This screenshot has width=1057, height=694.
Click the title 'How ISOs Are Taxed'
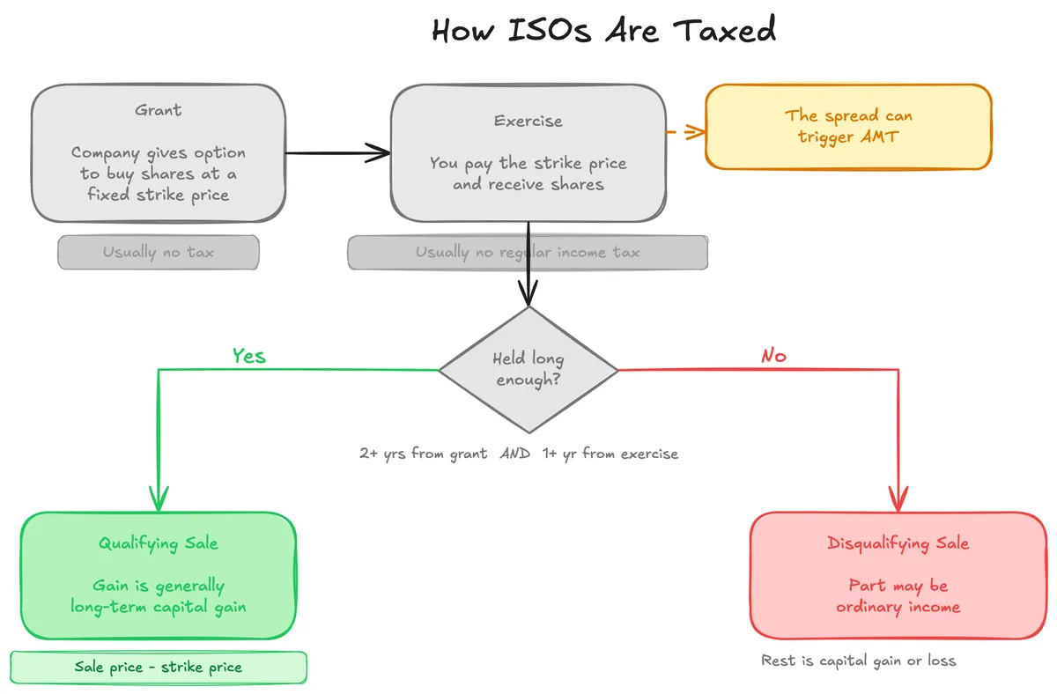click(603, 31)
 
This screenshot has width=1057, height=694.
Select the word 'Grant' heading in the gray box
click(159, 110)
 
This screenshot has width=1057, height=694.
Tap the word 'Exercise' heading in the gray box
click(528, 121)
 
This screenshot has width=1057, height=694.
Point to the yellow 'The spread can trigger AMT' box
click(848, 126)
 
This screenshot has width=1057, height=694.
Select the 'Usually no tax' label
click(159, 253)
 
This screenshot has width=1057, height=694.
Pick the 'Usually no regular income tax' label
click(528, 253)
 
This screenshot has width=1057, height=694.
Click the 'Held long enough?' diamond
click(528, 369)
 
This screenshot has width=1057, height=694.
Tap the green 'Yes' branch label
click(248, 356)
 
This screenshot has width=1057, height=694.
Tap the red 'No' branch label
click(773, 356)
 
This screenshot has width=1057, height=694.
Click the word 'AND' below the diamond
click(515, 454)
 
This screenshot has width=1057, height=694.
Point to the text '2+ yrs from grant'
click(423, 454)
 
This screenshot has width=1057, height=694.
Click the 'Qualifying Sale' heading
click(159, 543)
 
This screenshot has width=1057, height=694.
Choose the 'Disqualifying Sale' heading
click(898, 543)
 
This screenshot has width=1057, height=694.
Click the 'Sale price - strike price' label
click(159, 668)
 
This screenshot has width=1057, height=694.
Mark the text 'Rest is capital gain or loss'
click(858, 661)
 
